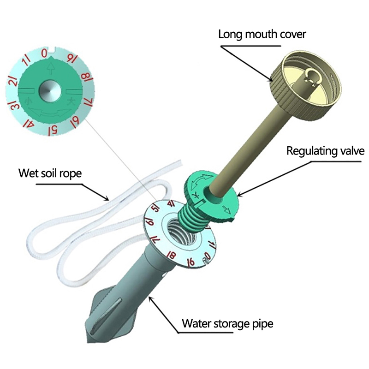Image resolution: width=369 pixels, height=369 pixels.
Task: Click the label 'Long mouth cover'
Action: pyautogui.click(x=262, y=34)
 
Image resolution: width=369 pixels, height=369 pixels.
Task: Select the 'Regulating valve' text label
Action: pyautogui.click(x=326, y=151)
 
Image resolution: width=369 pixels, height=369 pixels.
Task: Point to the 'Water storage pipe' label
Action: pyautogui.click(x=227, y=323)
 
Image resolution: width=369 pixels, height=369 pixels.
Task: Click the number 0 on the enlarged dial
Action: pyautogui.click(x=44, y=54)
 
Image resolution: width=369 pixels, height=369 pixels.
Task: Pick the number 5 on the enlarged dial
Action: pyautogui.click(x=54, y=129)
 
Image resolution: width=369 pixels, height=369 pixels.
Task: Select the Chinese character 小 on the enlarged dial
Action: pyautogui.click(x=29, y=100)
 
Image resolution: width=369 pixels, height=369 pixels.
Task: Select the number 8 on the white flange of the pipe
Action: pyautogui.click(x=172, y=254)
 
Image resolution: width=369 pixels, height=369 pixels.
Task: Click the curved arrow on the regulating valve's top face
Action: pyautogui.click(x=200, y=179)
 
